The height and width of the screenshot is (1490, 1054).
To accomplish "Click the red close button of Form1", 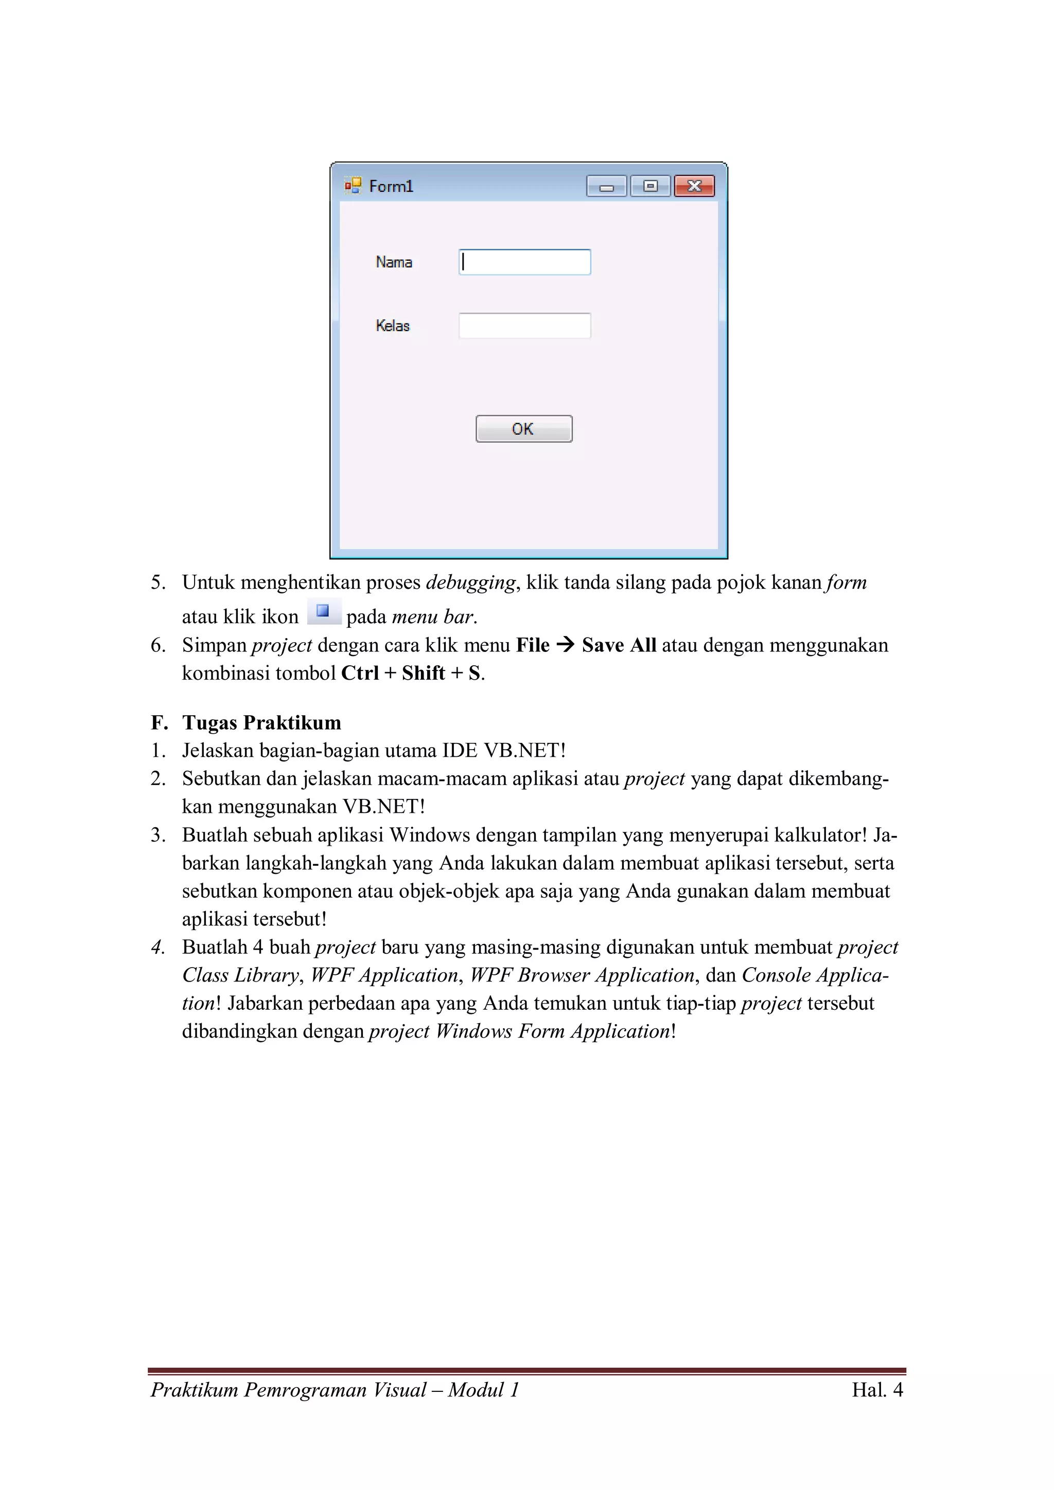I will pyautogui.click(x=694, y=186).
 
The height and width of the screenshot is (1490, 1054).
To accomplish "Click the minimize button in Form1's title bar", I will pyautogui.click(x=607, y=186).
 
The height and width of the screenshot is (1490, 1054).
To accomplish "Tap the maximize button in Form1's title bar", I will pyautogui.click(x=650, y=186).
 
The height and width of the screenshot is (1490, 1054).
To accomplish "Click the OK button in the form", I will pyautogui.click(x=523, y=429).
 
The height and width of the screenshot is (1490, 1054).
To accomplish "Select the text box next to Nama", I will pyautogui.click(x=525, y=262).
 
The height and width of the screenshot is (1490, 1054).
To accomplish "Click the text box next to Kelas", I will pyautogui.click(x=525, y=326).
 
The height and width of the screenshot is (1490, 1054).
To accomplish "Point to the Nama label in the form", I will pyautogui.click(x=394, y=262).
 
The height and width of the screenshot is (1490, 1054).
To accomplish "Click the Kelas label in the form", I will pyautogui.click(x=392, y=326).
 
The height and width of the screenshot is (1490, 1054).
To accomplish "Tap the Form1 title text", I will pyautogui.click(x=391, y=187).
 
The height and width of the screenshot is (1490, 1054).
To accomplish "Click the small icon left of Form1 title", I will pyautogui.click(x=353, y=186).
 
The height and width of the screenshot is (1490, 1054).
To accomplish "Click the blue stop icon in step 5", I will pyautogui.click(x=323, y=611).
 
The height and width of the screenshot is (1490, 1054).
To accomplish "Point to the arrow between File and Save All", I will pyautogui.click(x=566, y=645).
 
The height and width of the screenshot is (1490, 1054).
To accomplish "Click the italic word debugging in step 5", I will pyautogui.click(x=471, y=583).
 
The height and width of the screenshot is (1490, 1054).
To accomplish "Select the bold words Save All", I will pyautogui.click(x=619, y=645).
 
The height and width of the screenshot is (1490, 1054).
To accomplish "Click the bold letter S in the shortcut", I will pyautogui.click(x=474, y=673).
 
